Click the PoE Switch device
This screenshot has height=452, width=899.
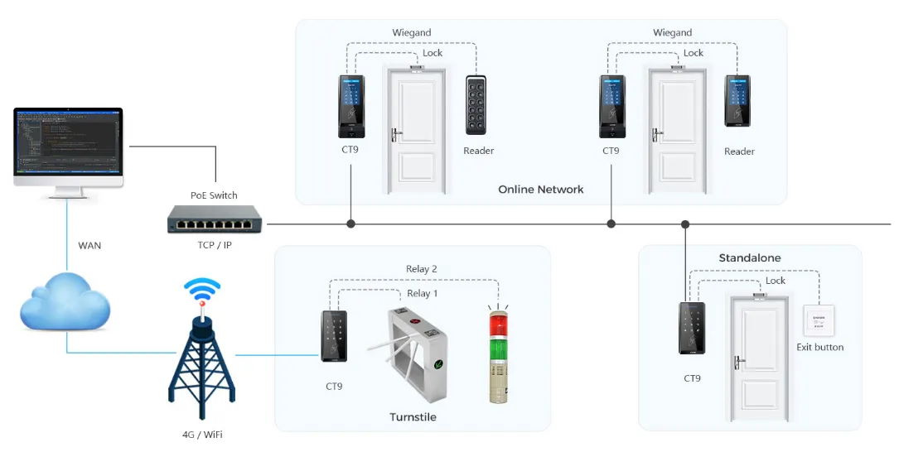click(214, 219)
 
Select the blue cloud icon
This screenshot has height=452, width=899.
click(65, 304)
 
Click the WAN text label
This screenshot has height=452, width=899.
click(89, 246)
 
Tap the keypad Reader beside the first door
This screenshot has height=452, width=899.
click(476, 105)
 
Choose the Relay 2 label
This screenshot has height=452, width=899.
click(421, 269)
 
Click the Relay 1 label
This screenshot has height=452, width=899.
click(423, 294)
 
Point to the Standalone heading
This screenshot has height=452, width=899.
click(749, 258)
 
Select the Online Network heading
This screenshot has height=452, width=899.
click(540, 190)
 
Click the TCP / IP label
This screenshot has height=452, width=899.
click(214, 246)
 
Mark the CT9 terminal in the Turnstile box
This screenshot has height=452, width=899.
click(334, 336)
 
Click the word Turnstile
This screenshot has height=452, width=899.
click(413, 417)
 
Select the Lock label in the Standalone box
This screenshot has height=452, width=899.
click(776, 281)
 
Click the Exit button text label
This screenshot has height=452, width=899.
click(819, 348)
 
